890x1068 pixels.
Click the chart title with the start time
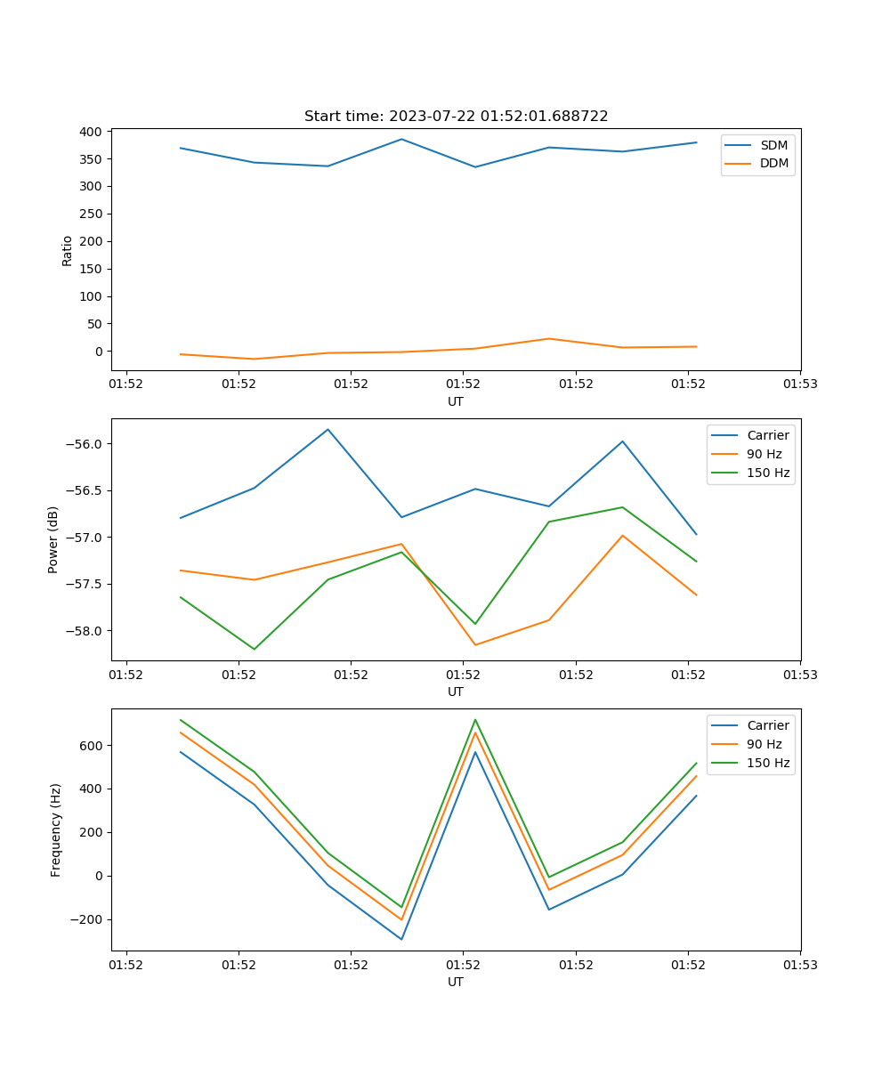[456, 116]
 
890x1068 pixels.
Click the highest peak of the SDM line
[401, 139]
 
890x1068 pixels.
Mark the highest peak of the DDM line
[549, 338]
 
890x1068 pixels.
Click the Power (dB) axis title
[53, 539]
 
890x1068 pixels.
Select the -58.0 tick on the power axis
[86, 631]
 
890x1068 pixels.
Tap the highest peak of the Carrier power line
[328, 429]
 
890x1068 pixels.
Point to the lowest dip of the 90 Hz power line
[475, 645]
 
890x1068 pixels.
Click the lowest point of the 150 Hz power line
[255, 649]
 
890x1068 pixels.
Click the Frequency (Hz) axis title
[55, 829]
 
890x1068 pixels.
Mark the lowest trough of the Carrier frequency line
[401, 939]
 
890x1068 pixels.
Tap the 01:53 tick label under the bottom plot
[800, 965]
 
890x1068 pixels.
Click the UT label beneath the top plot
[456, 401]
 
